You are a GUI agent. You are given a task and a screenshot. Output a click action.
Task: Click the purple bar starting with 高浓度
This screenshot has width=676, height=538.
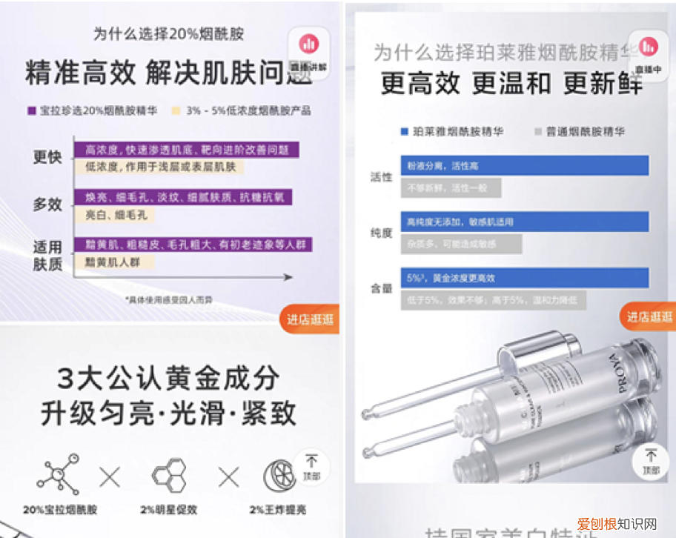[185, 150]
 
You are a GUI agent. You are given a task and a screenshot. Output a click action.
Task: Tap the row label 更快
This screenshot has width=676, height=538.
[47, 158]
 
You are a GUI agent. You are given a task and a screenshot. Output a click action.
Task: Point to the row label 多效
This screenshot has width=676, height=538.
[47, 205]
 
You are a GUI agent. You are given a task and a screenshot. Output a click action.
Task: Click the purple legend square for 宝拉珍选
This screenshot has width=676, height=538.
[31, 110]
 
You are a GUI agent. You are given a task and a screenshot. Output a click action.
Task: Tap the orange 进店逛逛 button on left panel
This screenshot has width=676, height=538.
[310, 319]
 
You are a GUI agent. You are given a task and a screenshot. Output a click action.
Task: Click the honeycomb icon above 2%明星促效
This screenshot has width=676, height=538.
[168, 474]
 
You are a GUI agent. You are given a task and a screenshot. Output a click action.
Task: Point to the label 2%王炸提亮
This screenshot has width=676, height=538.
[277, 510]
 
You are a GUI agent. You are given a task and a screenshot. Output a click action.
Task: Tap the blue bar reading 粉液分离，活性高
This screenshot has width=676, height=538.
[524, 165]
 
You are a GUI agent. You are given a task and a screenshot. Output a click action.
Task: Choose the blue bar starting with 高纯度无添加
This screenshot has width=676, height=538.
[524, 222]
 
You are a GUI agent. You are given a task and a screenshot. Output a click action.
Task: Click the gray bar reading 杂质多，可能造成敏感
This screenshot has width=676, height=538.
[460, 244]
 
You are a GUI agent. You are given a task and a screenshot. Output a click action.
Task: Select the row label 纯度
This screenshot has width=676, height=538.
[381, 233]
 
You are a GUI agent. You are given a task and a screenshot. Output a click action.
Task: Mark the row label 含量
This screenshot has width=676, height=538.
[381, 288]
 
